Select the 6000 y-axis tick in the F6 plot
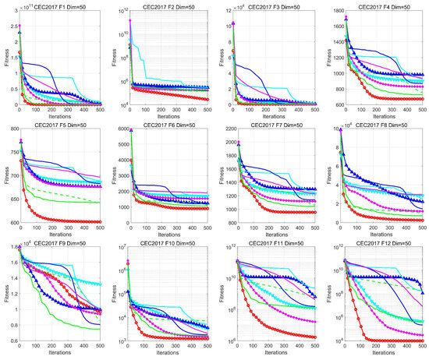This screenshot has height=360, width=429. [x=126, y=130]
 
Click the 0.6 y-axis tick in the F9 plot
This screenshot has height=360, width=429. [x=20, y=342]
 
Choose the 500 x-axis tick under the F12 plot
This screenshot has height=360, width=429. [x=422, y=347]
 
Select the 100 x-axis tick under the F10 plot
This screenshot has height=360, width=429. [x=149, y=347]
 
